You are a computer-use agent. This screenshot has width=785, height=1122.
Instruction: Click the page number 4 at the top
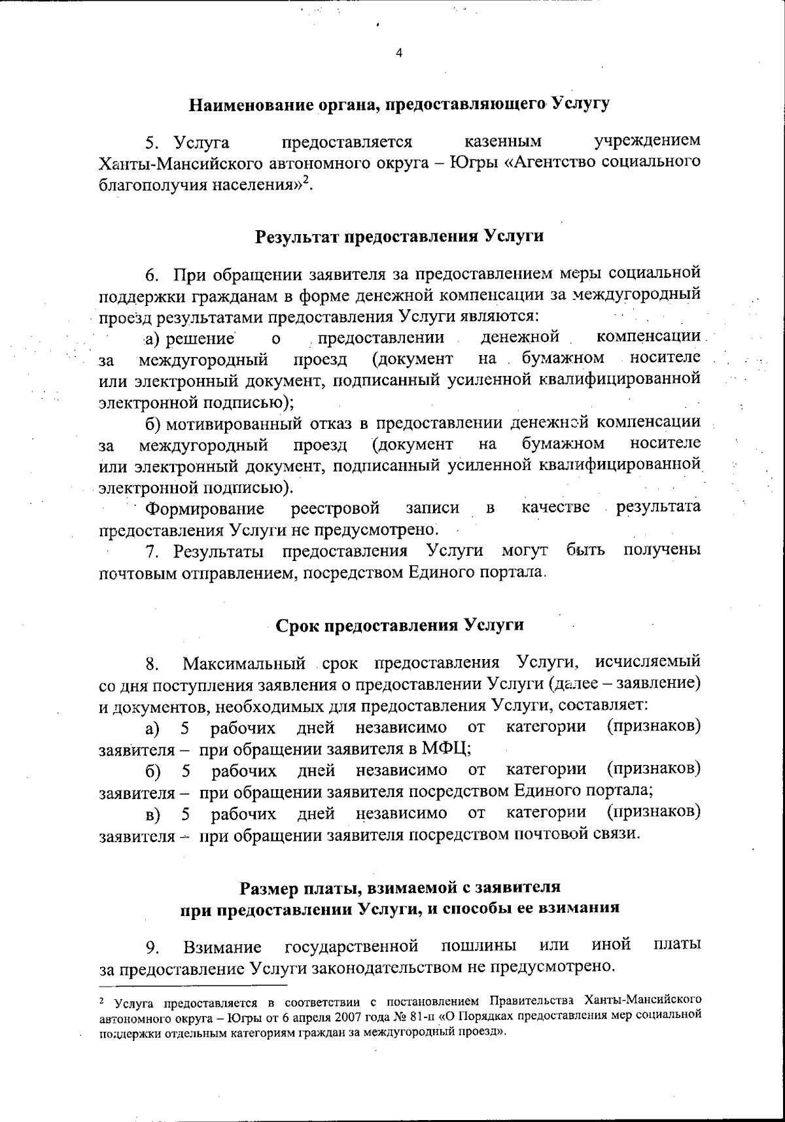coord(398,54)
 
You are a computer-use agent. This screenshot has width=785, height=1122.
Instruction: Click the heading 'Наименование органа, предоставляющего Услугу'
coord(399,103)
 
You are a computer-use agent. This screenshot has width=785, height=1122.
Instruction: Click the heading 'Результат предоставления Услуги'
coord(399,236)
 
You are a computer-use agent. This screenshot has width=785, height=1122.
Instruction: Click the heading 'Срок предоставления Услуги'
coord(399,624)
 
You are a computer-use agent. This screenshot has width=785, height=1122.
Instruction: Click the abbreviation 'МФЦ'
coord(446,749)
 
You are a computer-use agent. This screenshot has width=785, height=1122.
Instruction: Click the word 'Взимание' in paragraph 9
coord(222,946)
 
